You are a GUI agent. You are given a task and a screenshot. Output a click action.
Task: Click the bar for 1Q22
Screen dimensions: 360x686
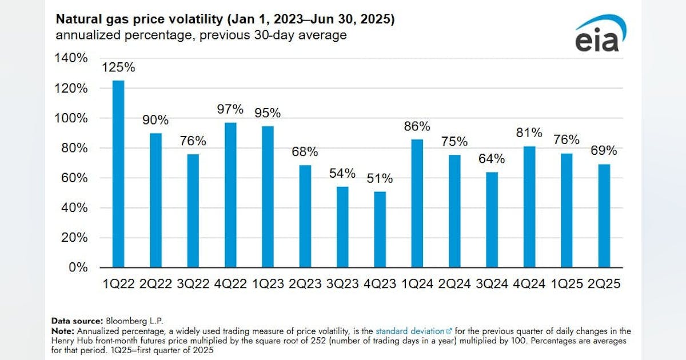point(118,174)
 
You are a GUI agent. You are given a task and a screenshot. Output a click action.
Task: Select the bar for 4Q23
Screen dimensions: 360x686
point(380,230)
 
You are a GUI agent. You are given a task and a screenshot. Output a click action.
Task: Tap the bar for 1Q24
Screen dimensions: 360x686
point(417,203)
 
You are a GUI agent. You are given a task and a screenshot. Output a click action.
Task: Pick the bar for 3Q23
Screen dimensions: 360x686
point(342,227)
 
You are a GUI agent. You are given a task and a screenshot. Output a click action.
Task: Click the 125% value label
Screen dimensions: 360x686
point(118,67)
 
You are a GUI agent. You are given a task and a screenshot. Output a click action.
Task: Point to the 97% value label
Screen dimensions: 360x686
point(230,109)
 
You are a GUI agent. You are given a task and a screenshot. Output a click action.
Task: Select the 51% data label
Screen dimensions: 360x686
point(380,179)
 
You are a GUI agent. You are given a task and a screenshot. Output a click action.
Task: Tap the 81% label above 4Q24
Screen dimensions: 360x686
point(529,133)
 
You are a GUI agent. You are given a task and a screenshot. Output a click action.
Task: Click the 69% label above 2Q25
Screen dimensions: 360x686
point(604,151)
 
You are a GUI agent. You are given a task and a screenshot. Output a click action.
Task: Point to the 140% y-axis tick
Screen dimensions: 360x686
point(71,58)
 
